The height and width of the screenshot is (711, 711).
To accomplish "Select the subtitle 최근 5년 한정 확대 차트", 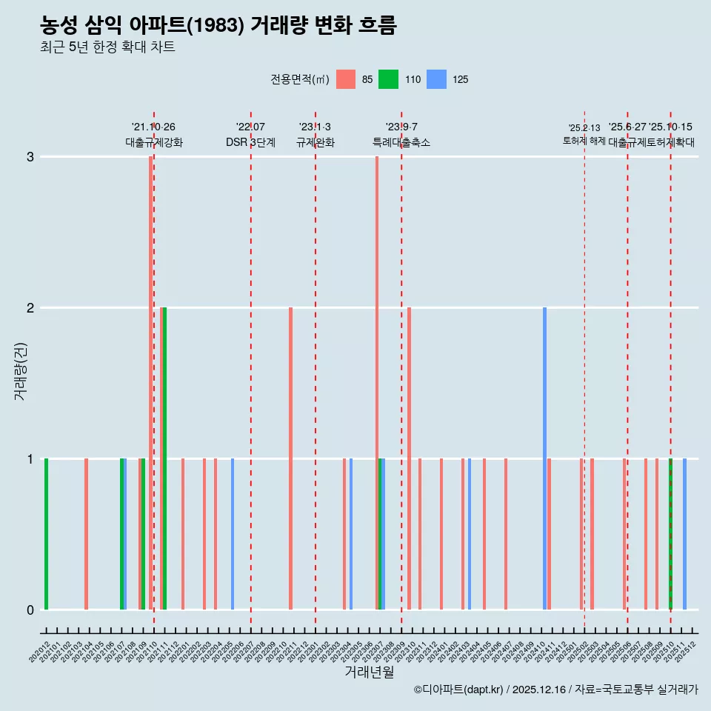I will (107, 47).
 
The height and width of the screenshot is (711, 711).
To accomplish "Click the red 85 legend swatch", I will (346, 79).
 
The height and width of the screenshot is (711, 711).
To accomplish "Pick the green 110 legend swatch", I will (388, 79).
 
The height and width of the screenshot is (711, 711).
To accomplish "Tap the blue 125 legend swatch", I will (438, 79).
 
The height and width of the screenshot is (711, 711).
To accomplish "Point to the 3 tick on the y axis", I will (30, 156).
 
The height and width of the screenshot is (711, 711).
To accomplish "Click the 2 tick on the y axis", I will (30, 307).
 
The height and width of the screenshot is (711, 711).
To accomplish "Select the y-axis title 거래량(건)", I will (20, 370).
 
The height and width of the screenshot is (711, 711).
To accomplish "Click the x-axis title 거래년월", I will (369, 672).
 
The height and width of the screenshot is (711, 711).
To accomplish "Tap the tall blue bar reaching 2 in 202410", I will (544, 459).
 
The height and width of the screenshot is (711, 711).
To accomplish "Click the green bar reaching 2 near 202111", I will (164, 459).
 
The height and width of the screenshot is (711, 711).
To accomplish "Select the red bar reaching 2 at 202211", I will (290, 459).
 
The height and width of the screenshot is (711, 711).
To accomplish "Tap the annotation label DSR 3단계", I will (250, 142).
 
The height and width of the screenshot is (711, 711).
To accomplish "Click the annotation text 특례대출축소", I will (401, 142).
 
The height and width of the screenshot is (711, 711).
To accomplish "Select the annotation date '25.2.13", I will (584, 128).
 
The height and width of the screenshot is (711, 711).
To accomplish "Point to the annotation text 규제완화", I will (315, 142).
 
